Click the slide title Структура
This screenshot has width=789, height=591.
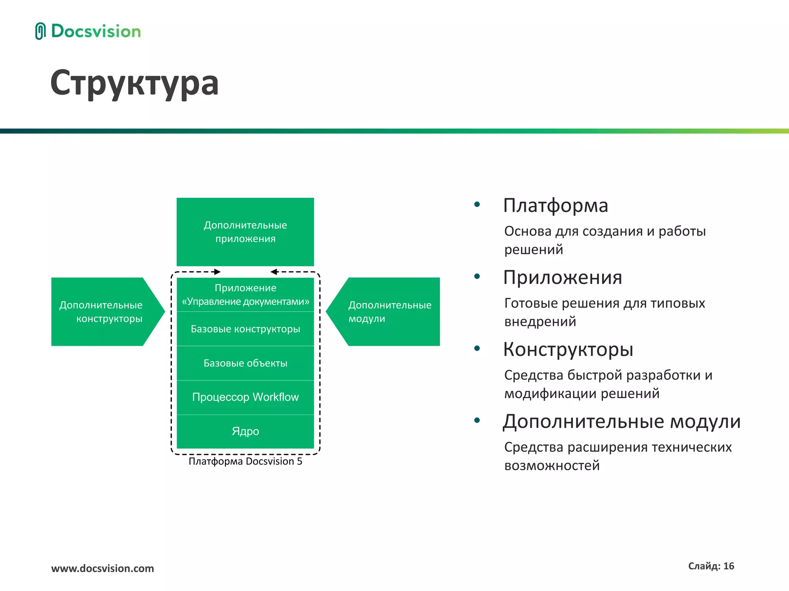coord(134,83)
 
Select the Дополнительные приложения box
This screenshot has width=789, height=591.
coord(245,232)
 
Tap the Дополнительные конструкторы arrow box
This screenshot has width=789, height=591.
coord(101,312)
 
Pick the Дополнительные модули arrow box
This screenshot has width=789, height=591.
coord(389,312)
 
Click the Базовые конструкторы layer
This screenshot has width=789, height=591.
coord(245,329)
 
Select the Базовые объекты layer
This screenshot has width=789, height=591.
coord(245,363)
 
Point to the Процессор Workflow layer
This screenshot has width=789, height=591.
coord(245,397)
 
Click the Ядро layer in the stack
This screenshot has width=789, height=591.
coord(245,431)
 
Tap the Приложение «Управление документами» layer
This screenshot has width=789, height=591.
coord(245,295)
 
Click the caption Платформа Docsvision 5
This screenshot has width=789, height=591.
coord(245,461)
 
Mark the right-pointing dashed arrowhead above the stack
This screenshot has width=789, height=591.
coord(218,272)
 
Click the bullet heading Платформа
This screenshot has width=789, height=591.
coord(555,205)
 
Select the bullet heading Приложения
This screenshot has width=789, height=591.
coord(562,277)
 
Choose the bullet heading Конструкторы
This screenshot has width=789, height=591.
coord(568,349)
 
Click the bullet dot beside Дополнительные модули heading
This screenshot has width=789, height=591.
coord(477,421)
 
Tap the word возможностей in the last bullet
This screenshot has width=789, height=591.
coord(552,466)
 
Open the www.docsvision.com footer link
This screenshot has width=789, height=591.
coord(102,568)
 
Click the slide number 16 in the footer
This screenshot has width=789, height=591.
coord(729,566)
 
